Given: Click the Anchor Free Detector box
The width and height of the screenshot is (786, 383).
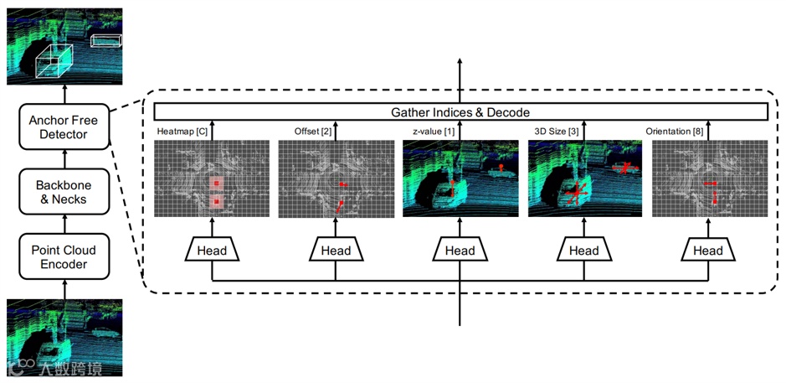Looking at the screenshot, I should (64, 127).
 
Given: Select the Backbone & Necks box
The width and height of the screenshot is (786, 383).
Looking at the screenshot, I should (64, 191).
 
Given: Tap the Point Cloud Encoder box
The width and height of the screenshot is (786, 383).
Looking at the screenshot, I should (64, 257).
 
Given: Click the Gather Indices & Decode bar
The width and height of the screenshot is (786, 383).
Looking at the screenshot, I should (460, 112).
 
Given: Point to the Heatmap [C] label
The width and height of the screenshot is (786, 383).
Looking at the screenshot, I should (182, 132).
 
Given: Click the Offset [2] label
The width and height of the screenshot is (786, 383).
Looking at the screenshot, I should (313, 132).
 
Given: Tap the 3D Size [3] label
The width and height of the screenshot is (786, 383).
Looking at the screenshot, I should (557, 132).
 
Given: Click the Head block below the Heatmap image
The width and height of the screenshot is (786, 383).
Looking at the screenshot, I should (211, 250).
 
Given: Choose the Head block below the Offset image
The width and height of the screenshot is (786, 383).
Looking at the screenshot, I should (336, 250).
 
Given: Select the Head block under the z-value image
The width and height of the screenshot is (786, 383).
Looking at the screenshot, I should (460, 250).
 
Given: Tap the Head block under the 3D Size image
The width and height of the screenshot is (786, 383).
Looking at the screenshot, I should (583, 250).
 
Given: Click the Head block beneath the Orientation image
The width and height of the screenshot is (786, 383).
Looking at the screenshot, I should (708, 250).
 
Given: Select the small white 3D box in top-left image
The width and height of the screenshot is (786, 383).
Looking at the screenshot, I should (105, 40).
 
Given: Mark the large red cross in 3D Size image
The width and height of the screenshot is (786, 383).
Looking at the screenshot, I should (575, 194).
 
